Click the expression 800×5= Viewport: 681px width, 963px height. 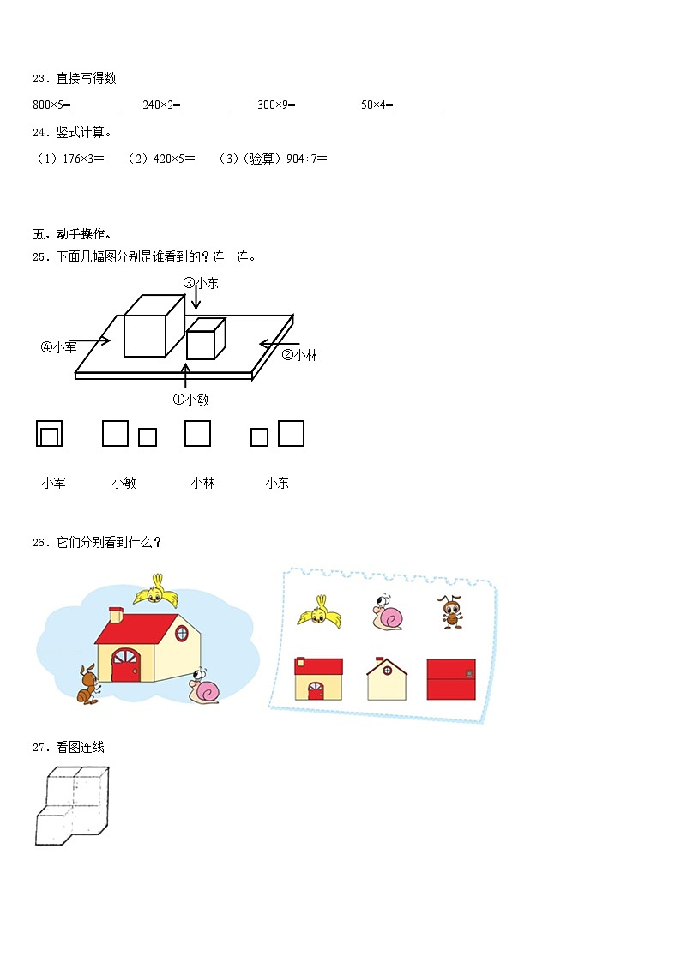coord(51,105)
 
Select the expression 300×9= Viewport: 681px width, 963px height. coord(276,105)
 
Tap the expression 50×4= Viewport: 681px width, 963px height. coord(377,105)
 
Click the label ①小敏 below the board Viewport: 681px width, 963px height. coord(190,399)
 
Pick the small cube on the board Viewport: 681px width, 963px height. coord(205,339)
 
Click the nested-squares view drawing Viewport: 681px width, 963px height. coord(49,434)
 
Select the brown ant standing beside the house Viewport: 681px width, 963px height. coord(85,684)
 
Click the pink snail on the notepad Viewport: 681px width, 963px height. coord(388,613)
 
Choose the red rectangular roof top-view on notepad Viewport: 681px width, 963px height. coord(450,678)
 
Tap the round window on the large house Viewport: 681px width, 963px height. coord(181,633)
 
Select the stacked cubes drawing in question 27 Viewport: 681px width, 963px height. coord(72,805)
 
